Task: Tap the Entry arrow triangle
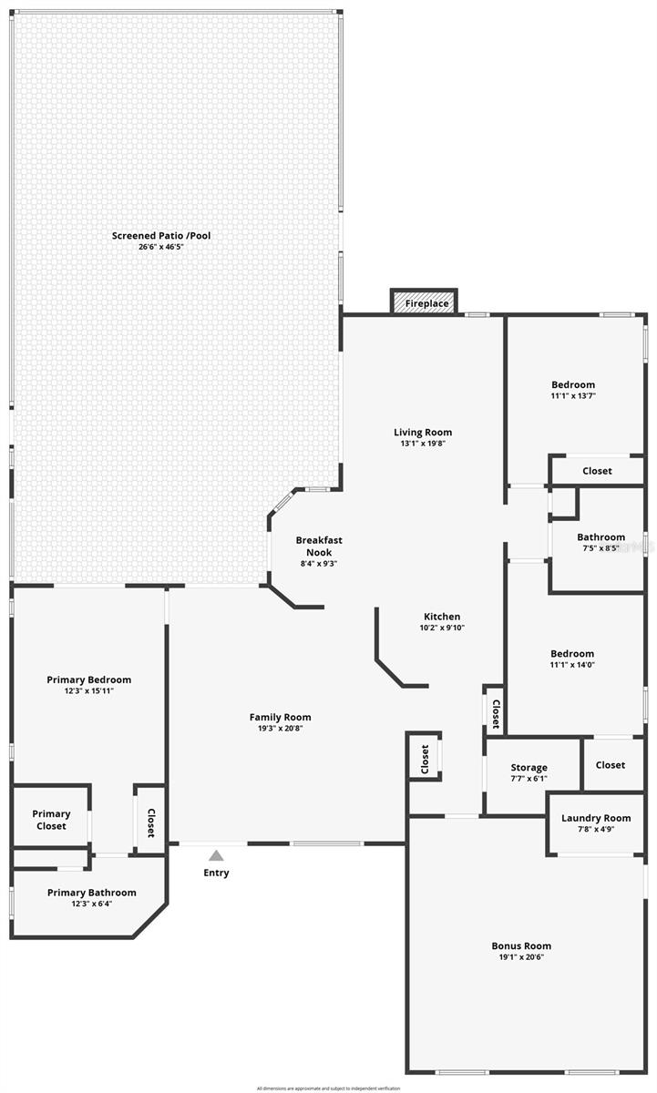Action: tap(216, 855)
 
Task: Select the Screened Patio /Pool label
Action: tap(161, 236)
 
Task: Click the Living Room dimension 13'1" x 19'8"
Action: tap(422, 444)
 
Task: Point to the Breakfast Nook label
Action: tap(319, 546)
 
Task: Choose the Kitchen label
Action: tap(442, 617)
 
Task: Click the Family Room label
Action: tap(280, 717)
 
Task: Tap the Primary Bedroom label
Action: tap(89, 679)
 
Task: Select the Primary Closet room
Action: tap(51, 820)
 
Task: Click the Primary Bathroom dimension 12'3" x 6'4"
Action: tap(91, 904)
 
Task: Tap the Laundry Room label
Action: tap(596, 818)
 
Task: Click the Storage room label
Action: tap(529, 768)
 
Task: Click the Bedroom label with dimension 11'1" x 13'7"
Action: tap(572, 384)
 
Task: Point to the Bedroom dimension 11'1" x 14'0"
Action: tap(572, 665)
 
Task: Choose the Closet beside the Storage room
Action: tap(611, 765)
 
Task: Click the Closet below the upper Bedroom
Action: tap(597, 471)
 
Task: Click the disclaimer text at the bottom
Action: tap(328, 1088)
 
